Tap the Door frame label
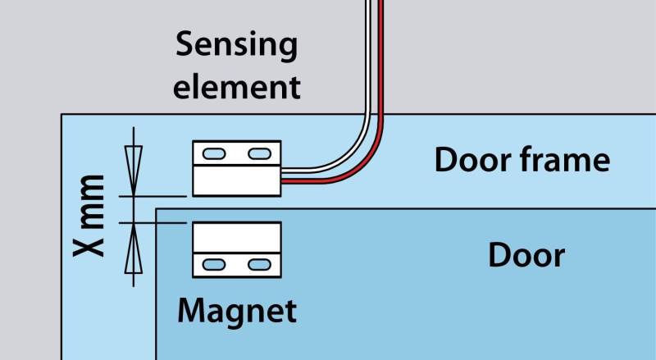pyautogui.click(x=522, y=160)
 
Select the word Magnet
pyautogui.click(x=237, y=311)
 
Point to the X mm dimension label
pyautogui.click(x=92, y=215)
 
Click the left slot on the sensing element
pyautogui.click(x=214, y=153)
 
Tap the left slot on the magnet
pyautogui.click(x=214, y=264)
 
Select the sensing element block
pyautogui.click(x=237, y=168)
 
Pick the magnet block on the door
pyautogui.click(x=237, y=249)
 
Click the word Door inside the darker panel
pyautogui.click(x=526, y=255)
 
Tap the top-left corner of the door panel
pyautogui.click(x=157, y=209)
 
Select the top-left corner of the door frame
pyautogui.click(x=62, y=116)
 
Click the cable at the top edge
pyautogui.click(x=375, y=3)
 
